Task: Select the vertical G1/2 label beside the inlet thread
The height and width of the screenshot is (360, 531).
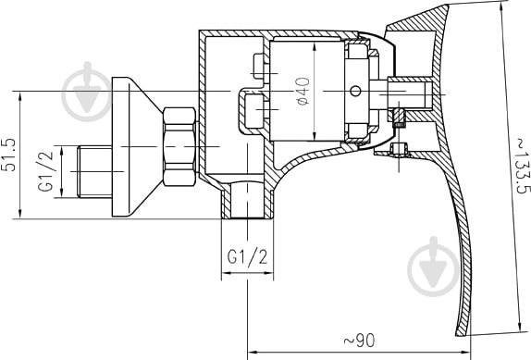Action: click(x=44, y=172)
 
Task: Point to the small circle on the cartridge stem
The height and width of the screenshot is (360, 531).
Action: click(x=354, y=92)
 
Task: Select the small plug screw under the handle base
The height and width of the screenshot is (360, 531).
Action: click(x=400, y=150)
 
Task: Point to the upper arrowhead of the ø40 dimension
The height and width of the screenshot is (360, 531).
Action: click(x=315, y=46)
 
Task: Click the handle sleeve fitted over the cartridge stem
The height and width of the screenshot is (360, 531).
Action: click(x=408, y=92)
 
